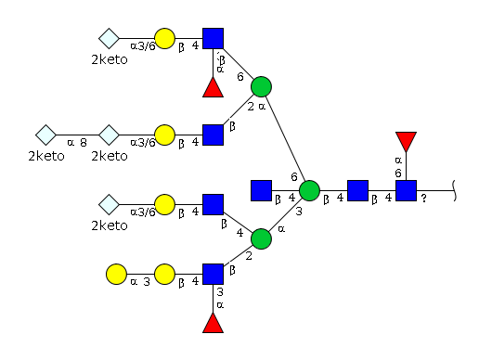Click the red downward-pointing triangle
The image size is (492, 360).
click(406, 140)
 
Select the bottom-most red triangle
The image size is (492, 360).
click(214, 324)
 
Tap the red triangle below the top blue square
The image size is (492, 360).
click(214, 88)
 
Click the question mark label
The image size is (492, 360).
click(424, 199)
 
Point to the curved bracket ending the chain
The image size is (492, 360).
click(455, 190)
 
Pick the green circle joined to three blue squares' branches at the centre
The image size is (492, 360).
click(309, 190)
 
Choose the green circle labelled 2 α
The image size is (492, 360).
click(261, 86)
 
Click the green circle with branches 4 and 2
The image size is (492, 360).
click(261, 239)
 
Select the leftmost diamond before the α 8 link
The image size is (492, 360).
click(45, 135)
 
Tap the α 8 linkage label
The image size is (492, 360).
click(77, 143)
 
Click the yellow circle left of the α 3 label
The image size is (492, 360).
click(116, 274)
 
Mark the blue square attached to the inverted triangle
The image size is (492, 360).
click(406, 190)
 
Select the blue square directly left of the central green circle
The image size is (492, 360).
click(261, 190)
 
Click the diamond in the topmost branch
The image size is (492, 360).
click(109, 39)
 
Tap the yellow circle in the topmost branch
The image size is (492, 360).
click(164, 39)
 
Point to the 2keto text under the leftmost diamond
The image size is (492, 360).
click(46, 156)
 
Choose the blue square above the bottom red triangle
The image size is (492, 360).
click(214, 274)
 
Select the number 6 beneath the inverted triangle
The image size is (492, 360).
click(398, 174)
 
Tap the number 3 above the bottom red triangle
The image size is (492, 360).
click(220, 292)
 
